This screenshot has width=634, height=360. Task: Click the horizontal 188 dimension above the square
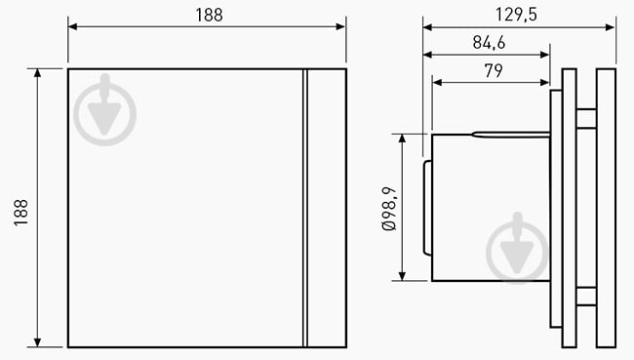pyautogui.click(x=207, y=14)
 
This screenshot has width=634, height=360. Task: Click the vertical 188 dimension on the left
pyautogui.click(x=21, y=208)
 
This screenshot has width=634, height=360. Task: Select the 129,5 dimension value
pyautogui.click(x=519, y=14)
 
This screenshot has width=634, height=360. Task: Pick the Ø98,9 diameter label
pyautogui.click(x=388, y=208)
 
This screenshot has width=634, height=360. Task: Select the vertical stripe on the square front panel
pyautogui.click(x=304, y=207)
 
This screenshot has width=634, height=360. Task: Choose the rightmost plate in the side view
pyautogui.click(x=606, y=207)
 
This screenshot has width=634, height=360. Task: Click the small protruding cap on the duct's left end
pyautogui.click(x=426, y=207)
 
